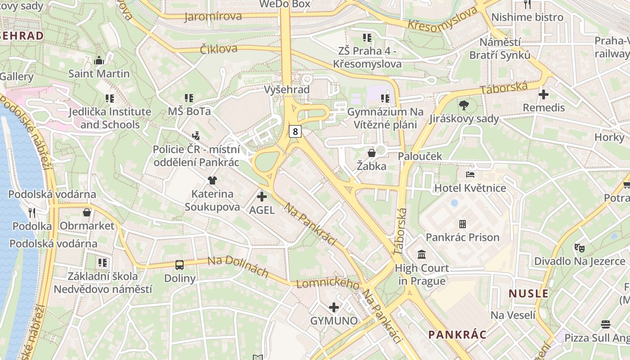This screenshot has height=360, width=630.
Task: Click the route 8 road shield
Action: click(x=295, y=131)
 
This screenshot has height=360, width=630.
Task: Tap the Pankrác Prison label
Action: click(x=463, y=237)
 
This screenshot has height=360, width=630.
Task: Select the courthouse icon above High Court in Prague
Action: click(x=422, y=255)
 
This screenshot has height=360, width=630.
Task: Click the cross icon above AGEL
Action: click(x=261, y=197)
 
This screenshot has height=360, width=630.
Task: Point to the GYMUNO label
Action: click(x=334, y=321)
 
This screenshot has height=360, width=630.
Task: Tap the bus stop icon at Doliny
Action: click(x=180, y=265)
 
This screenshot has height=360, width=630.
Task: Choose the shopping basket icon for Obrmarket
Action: click(x=87, y=212)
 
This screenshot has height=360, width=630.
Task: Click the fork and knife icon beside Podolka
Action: click(x=31, y=212)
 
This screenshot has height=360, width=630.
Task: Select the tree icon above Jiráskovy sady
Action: click(x=463, y=105)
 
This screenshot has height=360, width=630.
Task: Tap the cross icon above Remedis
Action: click(x=544, y=94)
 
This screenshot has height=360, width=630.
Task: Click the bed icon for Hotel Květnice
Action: click(x=470, y=175)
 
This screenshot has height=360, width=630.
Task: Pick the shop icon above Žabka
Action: click(x=372, y=153)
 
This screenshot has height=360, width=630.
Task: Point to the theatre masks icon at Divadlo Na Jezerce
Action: click(x=579, y=247)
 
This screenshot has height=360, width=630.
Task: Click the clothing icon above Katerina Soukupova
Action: click(x=212, y=180)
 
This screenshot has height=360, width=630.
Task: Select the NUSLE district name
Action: click(x=528, y=294)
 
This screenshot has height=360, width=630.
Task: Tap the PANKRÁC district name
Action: click(x=457, y=334)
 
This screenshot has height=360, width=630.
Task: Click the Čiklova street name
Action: click(x=219, y=49)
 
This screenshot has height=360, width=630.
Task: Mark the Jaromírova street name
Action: click(x=213, y=17)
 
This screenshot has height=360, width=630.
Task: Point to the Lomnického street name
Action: click(x=328, y=284)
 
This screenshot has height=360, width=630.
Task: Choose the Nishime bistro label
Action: click(x=527, y=17)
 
